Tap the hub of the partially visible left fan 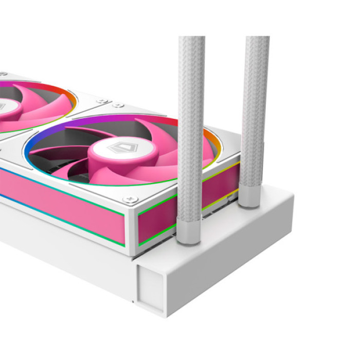pyautogui.click(x=6, y=109)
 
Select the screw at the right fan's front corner pyautogui.click(x=129, y=197)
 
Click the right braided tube pyautogui.click(x=256, y=113)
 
